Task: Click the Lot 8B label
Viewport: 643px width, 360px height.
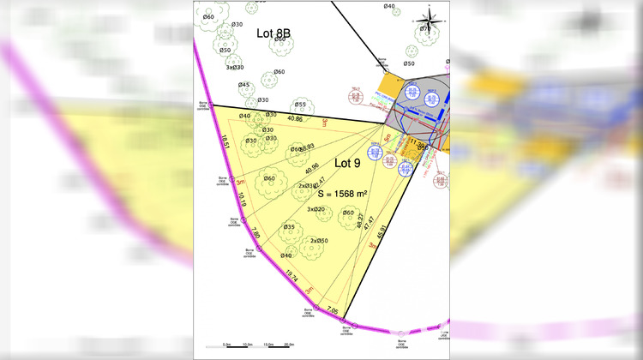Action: coord(273,33)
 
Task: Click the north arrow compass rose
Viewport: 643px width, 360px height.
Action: coord(431,16)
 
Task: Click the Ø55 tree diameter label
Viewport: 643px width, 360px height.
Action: coord(300,104)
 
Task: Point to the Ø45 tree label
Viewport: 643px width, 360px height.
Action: coord(245,85)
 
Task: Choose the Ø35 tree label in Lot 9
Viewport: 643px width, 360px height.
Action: coord(289,227)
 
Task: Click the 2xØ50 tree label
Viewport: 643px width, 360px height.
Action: coord(319,241)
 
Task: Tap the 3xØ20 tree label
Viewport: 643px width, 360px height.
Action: coord(315,209)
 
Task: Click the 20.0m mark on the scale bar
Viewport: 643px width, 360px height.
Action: coord(289,344)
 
